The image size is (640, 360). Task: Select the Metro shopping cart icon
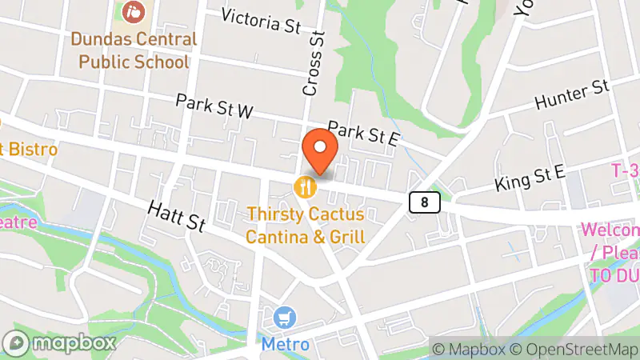[283, 318]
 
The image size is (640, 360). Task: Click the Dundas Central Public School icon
[133, 13]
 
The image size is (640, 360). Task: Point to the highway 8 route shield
[424, 202]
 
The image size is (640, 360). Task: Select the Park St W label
[214, 107]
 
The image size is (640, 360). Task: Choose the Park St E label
[363, 134]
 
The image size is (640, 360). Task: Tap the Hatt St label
[177, 216]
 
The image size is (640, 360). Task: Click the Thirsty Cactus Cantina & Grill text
[306, 226]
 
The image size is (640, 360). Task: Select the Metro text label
[285, 345]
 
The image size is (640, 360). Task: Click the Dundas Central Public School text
[133, 50]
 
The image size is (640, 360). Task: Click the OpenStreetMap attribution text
[575, 349]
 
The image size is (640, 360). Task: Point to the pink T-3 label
[625, 170]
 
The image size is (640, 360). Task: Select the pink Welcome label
[610, 230]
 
